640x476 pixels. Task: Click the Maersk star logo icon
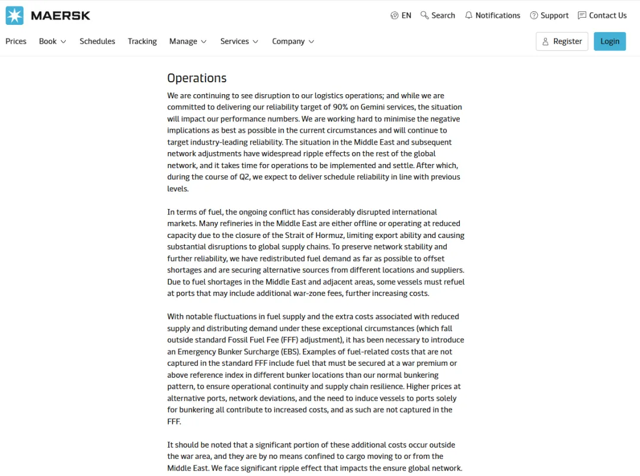tap(15, 15)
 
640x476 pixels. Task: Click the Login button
tap(610, 41)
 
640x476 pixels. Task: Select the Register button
tap(562, 41)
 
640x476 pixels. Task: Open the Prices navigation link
tap(16, 41)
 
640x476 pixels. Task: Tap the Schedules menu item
tap(97, 41)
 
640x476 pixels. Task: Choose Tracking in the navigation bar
tap(142, 41)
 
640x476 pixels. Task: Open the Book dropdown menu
tap(52, 41)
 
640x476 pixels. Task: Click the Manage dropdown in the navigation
tap(187, 41)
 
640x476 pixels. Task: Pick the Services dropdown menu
tap(239, 41)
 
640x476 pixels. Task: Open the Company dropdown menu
tap(293, 41)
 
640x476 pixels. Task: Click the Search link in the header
tap(438, 15)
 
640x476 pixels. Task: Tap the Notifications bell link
tap(492, 15)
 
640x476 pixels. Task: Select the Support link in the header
tap(549, 15)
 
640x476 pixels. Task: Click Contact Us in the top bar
tap(602, 15)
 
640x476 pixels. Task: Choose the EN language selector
tap(401, 15)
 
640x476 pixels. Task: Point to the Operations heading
tap(197, 78)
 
